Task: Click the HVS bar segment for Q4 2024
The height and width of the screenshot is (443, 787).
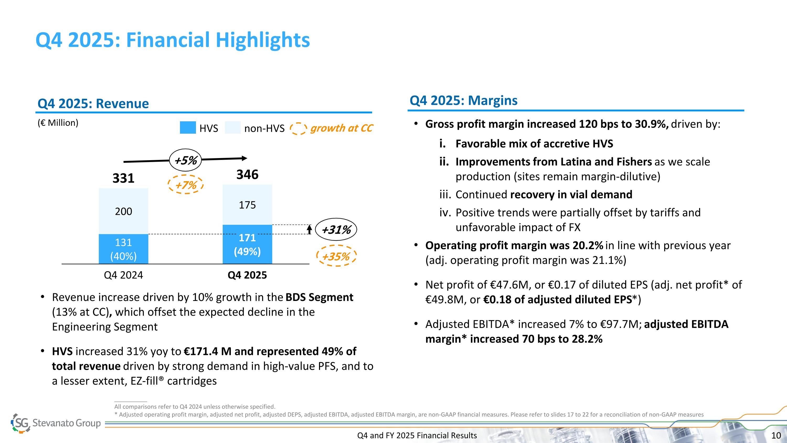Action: (x=123, y=249)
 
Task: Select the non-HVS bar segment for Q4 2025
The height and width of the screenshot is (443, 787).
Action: (x=247, y=205)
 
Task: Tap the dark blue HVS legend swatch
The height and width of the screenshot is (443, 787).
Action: (x=188, y=128)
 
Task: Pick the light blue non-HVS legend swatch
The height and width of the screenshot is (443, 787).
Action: (x=232, y=128)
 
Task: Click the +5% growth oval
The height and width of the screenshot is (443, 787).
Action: (x=185, y=160)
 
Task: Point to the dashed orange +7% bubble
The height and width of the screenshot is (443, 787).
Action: (x=186, y=185)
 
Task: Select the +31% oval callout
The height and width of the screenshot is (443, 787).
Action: (x=336, y=229)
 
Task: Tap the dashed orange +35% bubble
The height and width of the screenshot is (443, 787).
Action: (x=336, y=256)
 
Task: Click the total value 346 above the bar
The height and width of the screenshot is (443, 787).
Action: (x=247, y=175)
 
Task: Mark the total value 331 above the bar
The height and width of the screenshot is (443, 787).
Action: (x=123, y=178)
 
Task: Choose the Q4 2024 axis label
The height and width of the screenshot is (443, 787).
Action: (x=123, y=275)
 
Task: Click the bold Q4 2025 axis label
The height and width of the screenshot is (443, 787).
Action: (x=247, y=275)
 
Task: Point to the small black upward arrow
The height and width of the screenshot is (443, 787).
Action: (x=309, y=229)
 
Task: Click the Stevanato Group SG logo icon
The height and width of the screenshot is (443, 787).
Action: (x=21, y=423)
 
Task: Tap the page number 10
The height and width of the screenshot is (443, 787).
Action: (x=776, y=435)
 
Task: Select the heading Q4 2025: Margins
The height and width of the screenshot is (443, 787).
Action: (x=463, y=101)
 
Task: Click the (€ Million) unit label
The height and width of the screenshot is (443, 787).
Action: (x=58, y=123)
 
